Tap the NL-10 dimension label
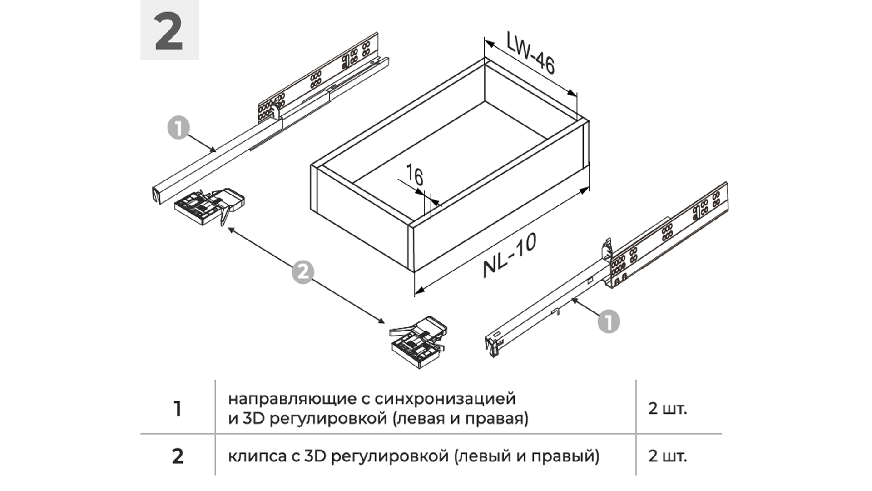[510, 256]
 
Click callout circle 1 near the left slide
[178, 128]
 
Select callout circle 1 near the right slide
[609, 321]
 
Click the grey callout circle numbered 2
[302, 272]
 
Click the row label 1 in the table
[178, 409]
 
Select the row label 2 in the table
[178, 456]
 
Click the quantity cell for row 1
[667, 409]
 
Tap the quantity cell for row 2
[667, 456]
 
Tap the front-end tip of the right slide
[491, 347]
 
